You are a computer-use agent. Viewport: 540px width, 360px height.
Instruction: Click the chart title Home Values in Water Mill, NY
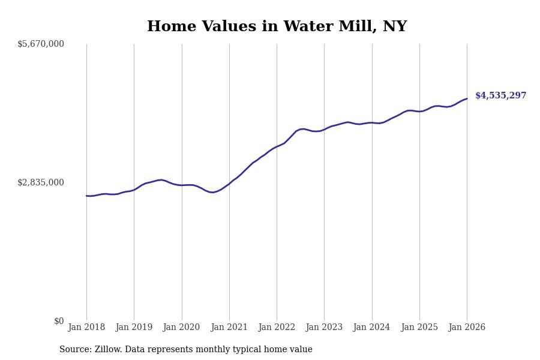(277, 27)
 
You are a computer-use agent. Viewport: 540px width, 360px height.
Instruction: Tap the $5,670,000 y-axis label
(41, 44)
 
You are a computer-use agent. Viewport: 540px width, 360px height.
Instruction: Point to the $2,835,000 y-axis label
(41, 182)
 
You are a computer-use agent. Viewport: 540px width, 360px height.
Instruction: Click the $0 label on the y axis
(59, 321)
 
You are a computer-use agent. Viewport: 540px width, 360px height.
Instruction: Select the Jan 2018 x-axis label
(86, 328)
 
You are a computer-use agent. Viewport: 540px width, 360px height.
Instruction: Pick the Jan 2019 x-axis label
(134, 328)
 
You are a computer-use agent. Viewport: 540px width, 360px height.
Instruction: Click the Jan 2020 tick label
(182, 328)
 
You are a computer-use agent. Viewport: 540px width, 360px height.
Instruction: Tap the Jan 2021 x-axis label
(229, 328)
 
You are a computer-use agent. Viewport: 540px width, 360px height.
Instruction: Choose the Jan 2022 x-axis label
(277, 328)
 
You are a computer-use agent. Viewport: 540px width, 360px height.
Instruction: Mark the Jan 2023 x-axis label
(324, 328)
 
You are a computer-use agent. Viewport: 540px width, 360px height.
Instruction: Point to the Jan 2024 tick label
(372, 328)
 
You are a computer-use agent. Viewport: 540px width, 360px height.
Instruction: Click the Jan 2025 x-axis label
(419, 328)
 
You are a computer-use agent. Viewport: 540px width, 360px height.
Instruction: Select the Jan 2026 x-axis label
(467, 328)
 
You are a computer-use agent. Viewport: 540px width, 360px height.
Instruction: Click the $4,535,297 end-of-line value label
(500, 96)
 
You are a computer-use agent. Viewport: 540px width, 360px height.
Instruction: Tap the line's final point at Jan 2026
(467, 99)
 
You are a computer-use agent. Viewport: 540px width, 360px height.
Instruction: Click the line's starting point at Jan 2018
(86, 196)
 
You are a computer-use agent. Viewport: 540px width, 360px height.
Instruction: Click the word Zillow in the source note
(108, 350)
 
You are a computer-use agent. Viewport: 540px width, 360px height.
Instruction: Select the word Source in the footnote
(74, 350)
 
